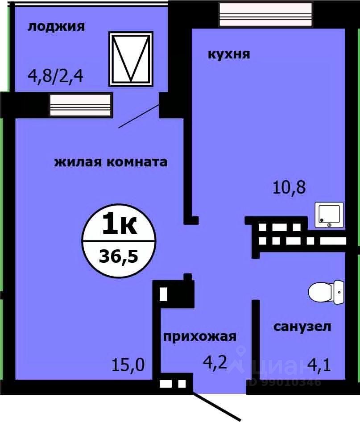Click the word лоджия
[x=56, y=27]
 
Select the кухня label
[x=228, y=54]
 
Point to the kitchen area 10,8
[x=289, y=187]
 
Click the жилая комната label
[x=111, y=161]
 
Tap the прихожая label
[x=199, y=336]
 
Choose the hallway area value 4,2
[x=215, y=362]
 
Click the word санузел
[x=302, y=327]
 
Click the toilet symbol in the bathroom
[x=326, y=292]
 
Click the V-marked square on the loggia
[x=131, y=58]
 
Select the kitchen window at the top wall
[x=265, y=15]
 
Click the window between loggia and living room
[x=80, y=105]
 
